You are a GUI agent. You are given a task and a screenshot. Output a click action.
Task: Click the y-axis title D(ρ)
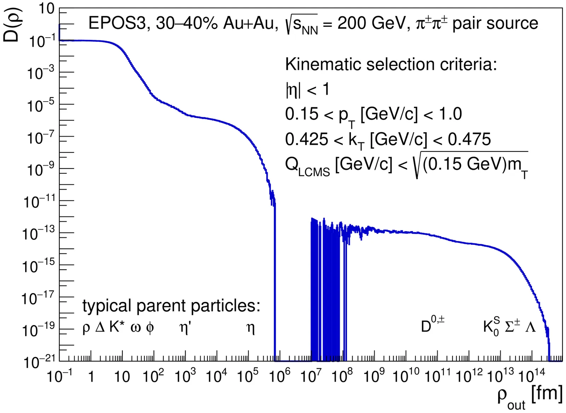pos(11,25)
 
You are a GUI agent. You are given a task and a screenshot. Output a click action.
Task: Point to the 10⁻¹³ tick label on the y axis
pos(39,234)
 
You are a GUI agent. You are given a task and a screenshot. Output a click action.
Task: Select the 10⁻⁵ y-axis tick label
pos(41,105)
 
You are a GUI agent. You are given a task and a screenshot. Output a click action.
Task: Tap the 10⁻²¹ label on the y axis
pos(39,362)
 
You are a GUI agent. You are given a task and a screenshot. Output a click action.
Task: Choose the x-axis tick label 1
pos(91,377)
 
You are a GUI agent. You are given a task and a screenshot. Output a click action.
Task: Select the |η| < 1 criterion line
pos(307,89)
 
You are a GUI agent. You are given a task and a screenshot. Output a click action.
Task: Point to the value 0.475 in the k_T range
pos(469,139)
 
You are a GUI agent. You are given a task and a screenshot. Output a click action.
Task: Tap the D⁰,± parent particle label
pos(432,325)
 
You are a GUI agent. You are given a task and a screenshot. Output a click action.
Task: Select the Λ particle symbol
pos(530,327)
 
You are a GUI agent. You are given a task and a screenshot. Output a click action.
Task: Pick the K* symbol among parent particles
pos(117,327)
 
